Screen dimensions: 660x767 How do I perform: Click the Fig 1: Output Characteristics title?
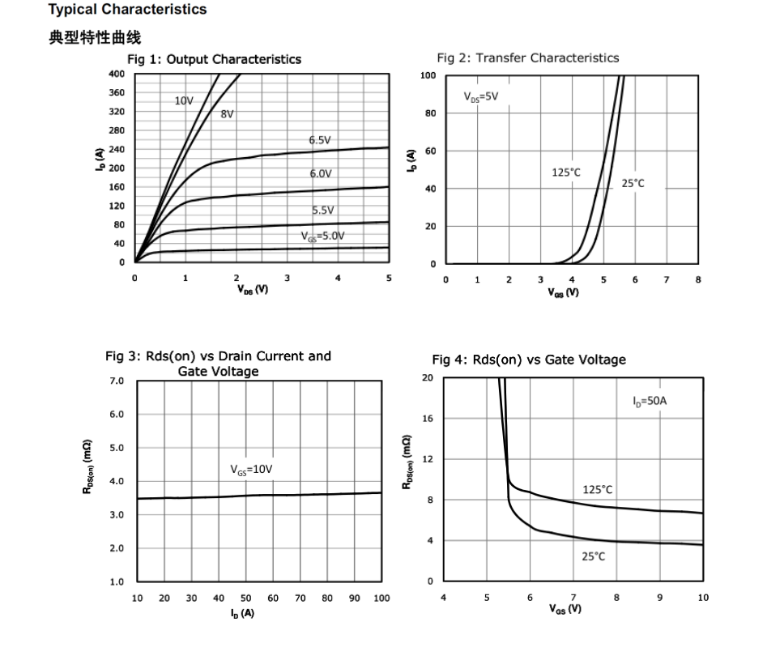point(214,59)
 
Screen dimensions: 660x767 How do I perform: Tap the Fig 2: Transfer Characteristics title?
point(527,57)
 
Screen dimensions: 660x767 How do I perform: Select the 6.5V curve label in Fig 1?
point(320,140)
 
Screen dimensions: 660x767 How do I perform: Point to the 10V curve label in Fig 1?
point(184,101)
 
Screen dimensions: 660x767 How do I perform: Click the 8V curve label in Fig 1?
point(228,114)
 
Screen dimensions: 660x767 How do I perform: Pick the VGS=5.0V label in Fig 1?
point(322,236)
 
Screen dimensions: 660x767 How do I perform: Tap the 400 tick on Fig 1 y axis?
point(117,75)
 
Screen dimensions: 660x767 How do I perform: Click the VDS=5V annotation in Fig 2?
point(481,97)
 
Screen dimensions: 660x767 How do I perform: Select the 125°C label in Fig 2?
point(566,172)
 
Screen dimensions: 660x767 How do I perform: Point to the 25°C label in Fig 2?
point(633,184)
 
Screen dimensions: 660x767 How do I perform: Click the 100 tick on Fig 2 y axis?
point(428,75)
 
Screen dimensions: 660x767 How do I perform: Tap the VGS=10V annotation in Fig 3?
point(251,469)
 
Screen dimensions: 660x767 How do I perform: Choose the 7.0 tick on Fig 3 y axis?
point(117,381)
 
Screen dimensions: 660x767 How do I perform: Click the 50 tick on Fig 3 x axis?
point(245,598)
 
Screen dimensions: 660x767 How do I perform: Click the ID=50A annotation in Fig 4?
point(650,401)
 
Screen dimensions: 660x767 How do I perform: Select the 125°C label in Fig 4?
point(598,489)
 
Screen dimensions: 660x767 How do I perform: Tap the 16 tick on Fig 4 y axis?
point(428,419)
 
